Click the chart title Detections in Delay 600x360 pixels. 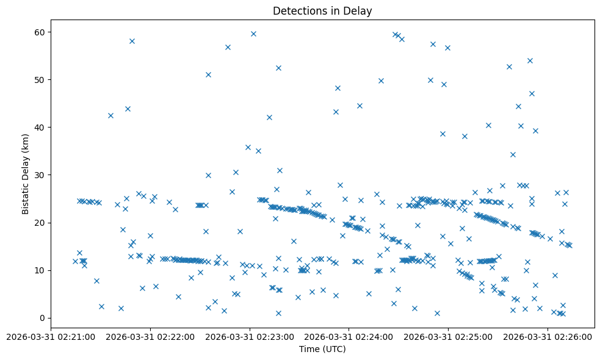tap(322, 11)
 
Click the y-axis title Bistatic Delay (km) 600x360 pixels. tap(25, 174)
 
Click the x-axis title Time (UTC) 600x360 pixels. tap(322, 349)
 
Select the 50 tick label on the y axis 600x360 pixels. tap(41, 80)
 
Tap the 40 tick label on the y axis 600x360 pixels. tap(41, 128)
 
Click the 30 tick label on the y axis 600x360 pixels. tap(41, 175)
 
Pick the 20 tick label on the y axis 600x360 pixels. tap(41, 223)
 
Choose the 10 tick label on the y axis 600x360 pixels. tap(41, 270)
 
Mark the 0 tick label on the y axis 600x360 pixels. tap(43, 318)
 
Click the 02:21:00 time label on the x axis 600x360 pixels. tap(51, 336)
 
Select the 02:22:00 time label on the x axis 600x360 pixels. tap(150, 336)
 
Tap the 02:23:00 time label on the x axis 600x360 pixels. tap(250, 336)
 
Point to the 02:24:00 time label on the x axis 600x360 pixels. tap(349, 336)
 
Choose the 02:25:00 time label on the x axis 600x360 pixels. tap(449, 336)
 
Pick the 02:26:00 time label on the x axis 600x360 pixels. tap(548, 336)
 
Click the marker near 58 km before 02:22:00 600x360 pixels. tap(132, 41)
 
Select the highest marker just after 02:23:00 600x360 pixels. tap(253, 34)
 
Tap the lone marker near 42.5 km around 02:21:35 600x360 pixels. tap(110, 115)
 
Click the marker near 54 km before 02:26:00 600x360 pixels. tap(530, 60)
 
